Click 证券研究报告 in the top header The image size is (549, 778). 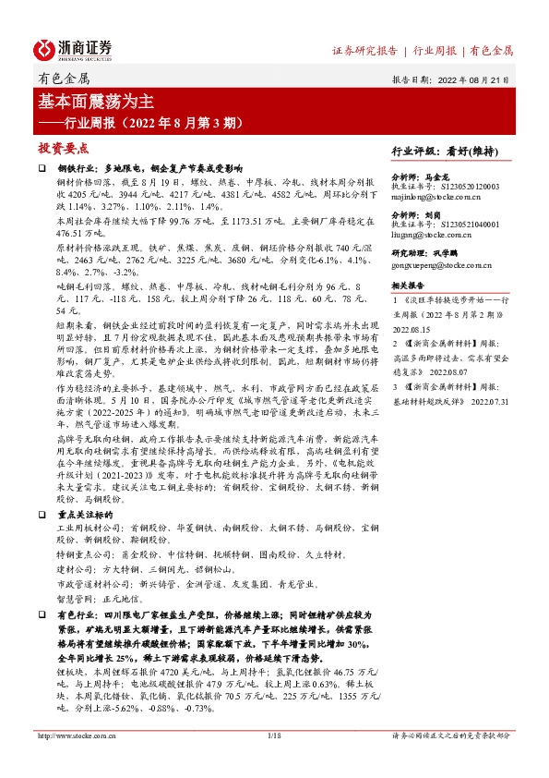point(364,50)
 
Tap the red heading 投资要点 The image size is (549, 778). point(63,148)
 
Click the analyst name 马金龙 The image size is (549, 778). point(444,176)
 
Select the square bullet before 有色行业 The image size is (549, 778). point(41,614)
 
